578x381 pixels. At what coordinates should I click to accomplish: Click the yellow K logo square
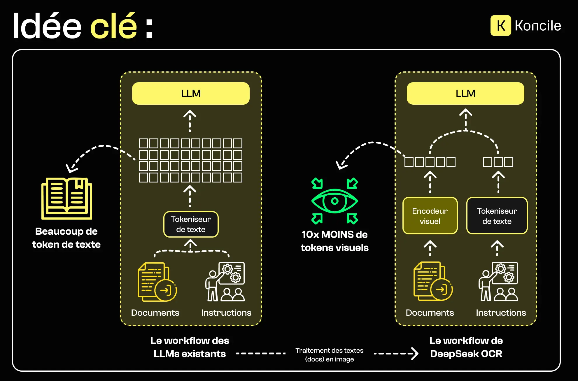coord(500,26)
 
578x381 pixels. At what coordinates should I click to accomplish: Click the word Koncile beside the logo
coord(538,26)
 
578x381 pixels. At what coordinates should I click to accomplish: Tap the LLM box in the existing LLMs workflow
coord(191,93)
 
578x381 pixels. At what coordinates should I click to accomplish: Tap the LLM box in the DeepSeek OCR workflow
coord(465,93)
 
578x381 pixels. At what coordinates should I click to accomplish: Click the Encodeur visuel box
coord(430,216)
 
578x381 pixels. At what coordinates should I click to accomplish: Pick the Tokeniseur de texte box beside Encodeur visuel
coord(497,216)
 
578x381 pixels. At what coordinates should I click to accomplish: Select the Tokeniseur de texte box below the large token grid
coord(191,224)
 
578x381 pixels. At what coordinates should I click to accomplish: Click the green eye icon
coord(334,201)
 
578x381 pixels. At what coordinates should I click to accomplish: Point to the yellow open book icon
coord(67,198)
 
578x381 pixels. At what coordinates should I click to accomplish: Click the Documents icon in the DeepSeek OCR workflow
coord(433,281)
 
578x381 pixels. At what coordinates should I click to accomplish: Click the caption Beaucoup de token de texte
coord(66,238)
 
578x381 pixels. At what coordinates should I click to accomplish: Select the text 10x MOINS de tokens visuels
coord(334,241)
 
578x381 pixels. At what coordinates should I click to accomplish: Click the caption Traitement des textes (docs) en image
coord(329,354)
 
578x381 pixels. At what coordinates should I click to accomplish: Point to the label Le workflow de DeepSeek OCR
coord(466,347)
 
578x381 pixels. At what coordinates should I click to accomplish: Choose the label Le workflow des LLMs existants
coord(190,347)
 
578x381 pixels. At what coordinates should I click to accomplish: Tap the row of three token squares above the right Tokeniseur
coord(498,162)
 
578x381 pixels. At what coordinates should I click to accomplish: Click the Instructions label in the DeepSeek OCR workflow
coord(501,313)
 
